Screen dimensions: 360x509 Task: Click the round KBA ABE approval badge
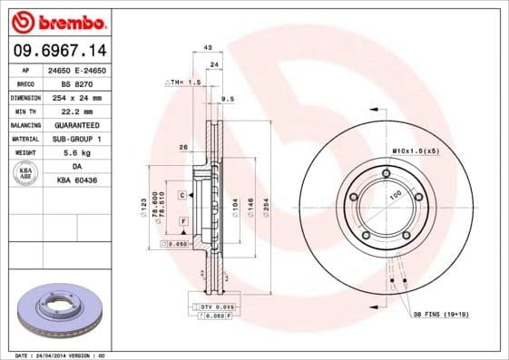tap(25, 173)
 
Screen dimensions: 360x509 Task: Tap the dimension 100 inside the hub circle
tap(395, 194)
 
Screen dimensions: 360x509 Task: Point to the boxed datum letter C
tap(181, 195)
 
